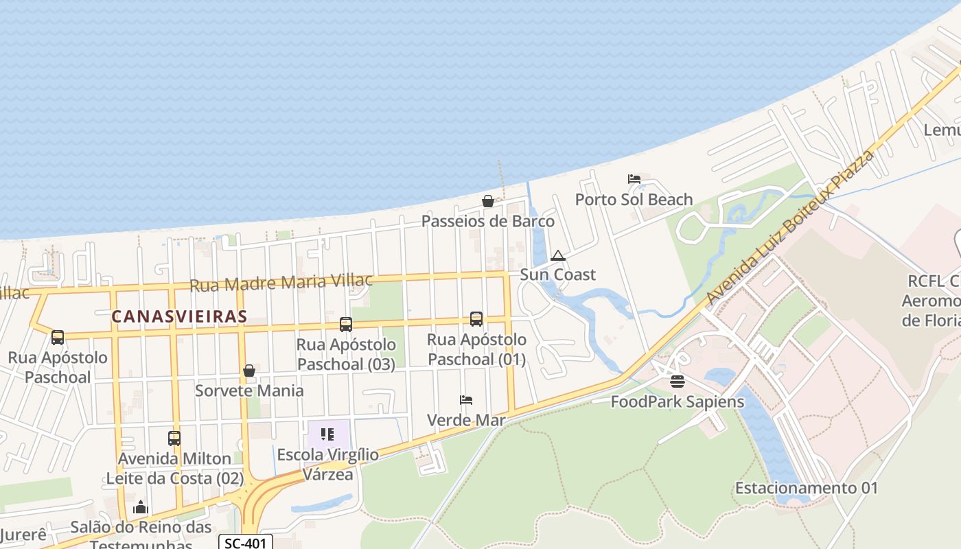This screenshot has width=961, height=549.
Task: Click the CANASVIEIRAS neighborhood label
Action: (179, 316)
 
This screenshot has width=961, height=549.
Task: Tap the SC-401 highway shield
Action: (246, 543)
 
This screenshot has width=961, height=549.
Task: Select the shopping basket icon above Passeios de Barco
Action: (487, 201)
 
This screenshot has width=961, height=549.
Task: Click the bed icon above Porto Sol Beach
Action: (634, 179)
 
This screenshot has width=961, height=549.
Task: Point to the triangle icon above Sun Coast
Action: (557, 256)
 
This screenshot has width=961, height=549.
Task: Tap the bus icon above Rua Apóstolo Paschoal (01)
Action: (476, 318)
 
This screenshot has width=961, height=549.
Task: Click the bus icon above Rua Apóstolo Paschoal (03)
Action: (346, 324)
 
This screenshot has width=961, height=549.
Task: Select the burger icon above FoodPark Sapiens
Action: (678, 381)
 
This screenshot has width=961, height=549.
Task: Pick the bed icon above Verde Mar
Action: (466, 400)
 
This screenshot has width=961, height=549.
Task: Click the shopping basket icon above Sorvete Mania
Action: (249, 371)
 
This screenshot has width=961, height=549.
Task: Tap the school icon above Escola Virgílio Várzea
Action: (327, 434)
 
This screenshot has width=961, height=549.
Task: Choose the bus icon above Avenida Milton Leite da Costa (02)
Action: (174, 438)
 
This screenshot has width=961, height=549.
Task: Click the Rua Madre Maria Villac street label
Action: (281, 282)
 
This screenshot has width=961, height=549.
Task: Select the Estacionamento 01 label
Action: (807, 489)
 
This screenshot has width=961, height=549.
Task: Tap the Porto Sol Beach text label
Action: (634, 200)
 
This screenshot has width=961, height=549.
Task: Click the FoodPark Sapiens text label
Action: (678, 401)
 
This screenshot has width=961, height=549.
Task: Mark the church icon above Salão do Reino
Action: (141, 508)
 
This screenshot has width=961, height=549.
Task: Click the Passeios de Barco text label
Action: (487, 221)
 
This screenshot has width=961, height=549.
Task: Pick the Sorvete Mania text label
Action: (249, 390)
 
